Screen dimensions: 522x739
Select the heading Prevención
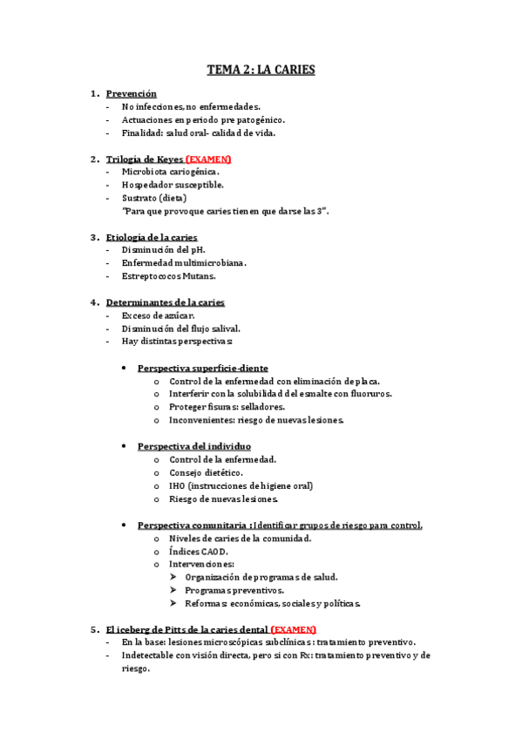point(131,93)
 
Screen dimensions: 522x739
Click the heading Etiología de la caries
point(151,237)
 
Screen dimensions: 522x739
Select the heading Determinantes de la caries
point(165,302)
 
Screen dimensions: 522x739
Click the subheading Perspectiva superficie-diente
point(202,368)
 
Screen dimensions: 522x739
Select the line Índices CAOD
point(201,551)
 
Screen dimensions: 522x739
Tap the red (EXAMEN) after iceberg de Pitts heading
point(293,629)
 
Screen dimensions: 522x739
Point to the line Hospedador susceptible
point(173,185)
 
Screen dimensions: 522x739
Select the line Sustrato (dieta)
point(154,198)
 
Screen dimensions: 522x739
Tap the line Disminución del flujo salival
point(180,329)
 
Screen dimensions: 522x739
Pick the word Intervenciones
point(201,564)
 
